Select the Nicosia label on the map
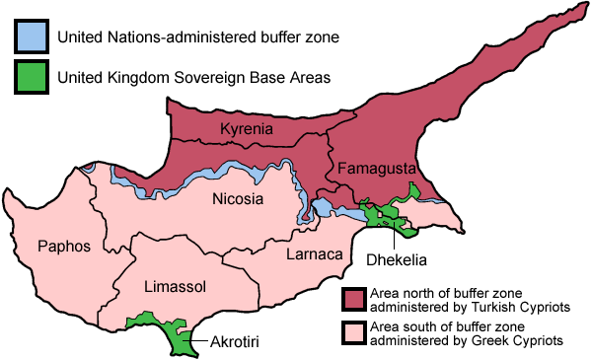(x=238, y=200)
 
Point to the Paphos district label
(x=64, y=246)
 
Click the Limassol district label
(x=175, y=286)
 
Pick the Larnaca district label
(x=313, y=255)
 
